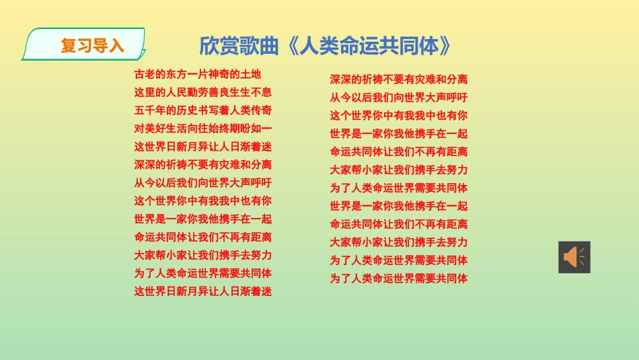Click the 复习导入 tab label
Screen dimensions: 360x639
tap(92, 46)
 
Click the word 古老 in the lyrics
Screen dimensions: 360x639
tap(145, 74)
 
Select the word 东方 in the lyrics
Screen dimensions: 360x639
tap(176, 74)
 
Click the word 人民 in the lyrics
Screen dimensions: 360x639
tap(176, 92)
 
